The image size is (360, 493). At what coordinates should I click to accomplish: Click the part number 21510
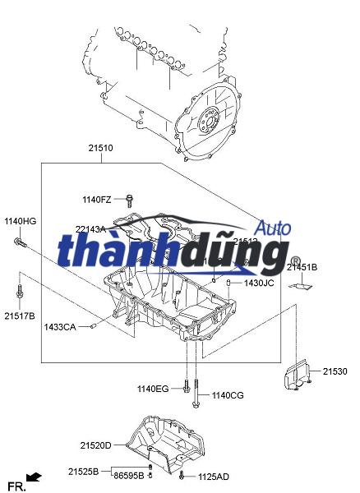[x=100, y=149]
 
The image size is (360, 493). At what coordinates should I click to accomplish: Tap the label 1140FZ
[x=96, y=200]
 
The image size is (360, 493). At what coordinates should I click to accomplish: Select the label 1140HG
[x=21, y=221]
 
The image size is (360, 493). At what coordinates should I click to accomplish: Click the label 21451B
[x=302, y=267]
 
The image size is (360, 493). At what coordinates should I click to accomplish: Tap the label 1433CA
[x=60, y=327]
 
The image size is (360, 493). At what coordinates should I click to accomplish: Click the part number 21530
[x=335, y=372]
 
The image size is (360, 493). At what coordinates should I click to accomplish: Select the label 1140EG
[x=152, y=388]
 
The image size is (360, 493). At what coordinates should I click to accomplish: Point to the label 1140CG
[x=228, y=395]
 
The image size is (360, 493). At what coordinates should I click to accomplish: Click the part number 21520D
[x=95, y=445]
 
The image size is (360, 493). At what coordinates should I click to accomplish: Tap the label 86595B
[x=129, y=476]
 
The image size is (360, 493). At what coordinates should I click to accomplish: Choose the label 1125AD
[x=213, y=477]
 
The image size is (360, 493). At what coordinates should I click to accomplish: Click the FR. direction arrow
[x=34, y=476]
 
